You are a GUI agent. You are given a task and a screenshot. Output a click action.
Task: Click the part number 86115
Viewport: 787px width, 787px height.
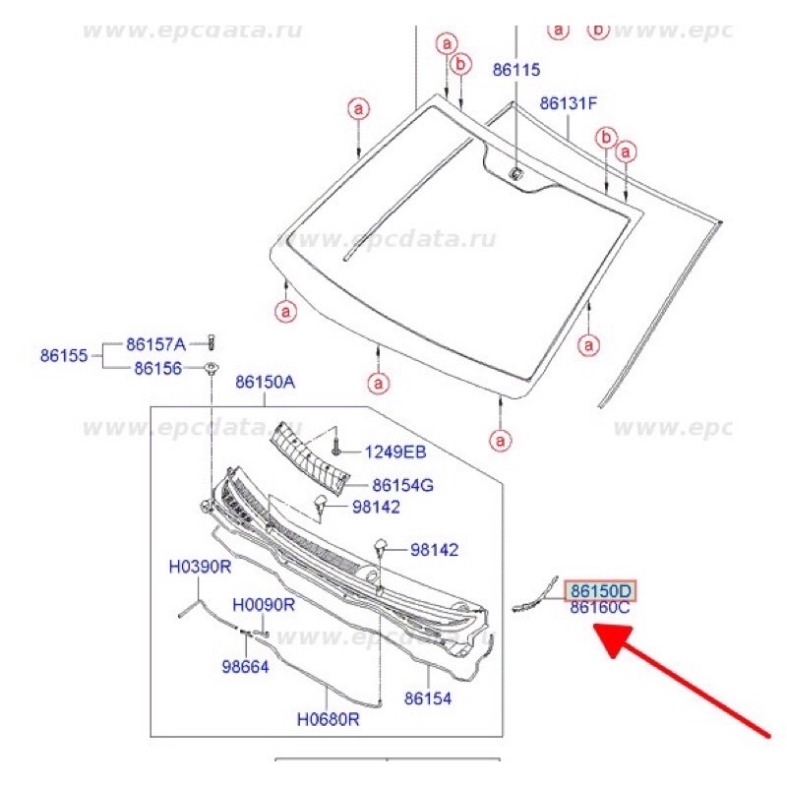[x=516, y=71]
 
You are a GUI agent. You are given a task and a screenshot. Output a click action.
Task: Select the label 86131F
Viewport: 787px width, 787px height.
[x=569, y=102]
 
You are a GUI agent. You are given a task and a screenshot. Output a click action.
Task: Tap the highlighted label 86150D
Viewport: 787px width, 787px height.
[x=600, y=591]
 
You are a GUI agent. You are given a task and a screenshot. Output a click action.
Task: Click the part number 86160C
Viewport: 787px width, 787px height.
[x=600, y=609]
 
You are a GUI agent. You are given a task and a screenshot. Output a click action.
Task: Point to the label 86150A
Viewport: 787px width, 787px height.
[x=265, y=382]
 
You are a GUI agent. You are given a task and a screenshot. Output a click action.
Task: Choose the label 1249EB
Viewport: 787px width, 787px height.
[x=395, y=453]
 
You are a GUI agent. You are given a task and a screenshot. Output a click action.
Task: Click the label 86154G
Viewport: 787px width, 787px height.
[x=403, y=484]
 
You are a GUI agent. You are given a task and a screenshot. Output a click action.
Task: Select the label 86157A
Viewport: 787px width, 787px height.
[x=155, y=344]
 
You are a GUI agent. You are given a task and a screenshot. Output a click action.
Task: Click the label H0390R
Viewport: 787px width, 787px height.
[x=200, y=568]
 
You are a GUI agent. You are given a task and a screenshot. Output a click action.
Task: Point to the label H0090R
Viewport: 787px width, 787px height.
[x=264, y=605]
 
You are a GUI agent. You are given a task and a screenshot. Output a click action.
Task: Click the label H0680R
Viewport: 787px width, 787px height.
[x=329, y=720]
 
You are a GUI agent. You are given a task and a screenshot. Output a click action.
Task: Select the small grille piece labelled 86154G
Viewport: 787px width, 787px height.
[x=310, y=454]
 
